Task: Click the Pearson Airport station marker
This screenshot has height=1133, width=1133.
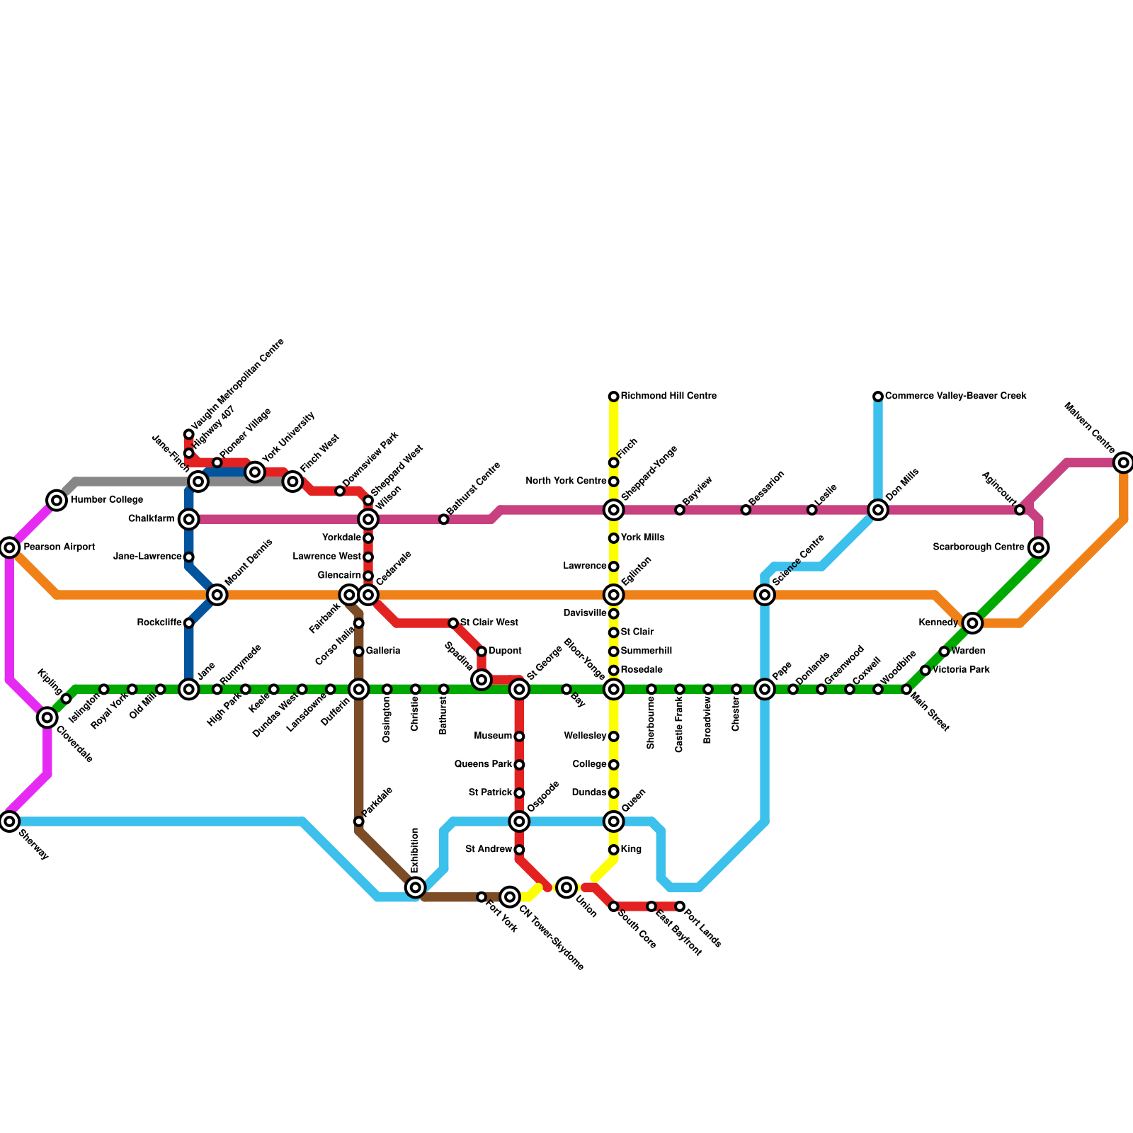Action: [9, 547]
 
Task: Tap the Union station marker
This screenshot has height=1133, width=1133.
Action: [566, 887]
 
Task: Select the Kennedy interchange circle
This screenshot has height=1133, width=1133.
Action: [973, 623]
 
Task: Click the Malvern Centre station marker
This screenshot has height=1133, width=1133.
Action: [1123, 463]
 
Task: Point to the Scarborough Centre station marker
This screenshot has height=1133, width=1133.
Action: [1039, 547]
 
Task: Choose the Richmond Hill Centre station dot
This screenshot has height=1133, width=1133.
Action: [614, 397]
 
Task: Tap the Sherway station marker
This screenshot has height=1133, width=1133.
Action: [9, 821]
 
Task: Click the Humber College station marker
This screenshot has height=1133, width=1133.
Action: [57, 501]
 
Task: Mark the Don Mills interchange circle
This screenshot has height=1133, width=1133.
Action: [878, 510]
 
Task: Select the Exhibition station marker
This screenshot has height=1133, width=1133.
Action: [416, 887]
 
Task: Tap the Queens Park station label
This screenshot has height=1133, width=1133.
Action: [484, 764]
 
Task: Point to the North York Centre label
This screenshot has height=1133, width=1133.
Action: [566, 482]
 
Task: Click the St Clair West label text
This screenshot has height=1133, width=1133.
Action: [489, 622]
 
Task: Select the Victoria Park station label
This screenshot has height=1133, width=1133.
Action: [961, 669]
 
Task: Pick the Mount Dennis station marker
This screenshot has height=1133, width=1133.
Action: [217, 595]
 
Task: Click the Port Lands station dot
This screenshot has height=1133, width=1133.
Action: [680, 906]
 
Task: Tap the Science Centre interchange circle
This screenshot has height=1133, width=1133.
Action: [765, 595]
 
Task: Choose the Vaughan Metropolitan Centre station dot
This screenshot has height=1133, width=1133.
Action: [189, 434]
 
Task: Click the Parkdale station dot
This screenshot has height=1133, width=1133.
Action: [359, 821]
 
